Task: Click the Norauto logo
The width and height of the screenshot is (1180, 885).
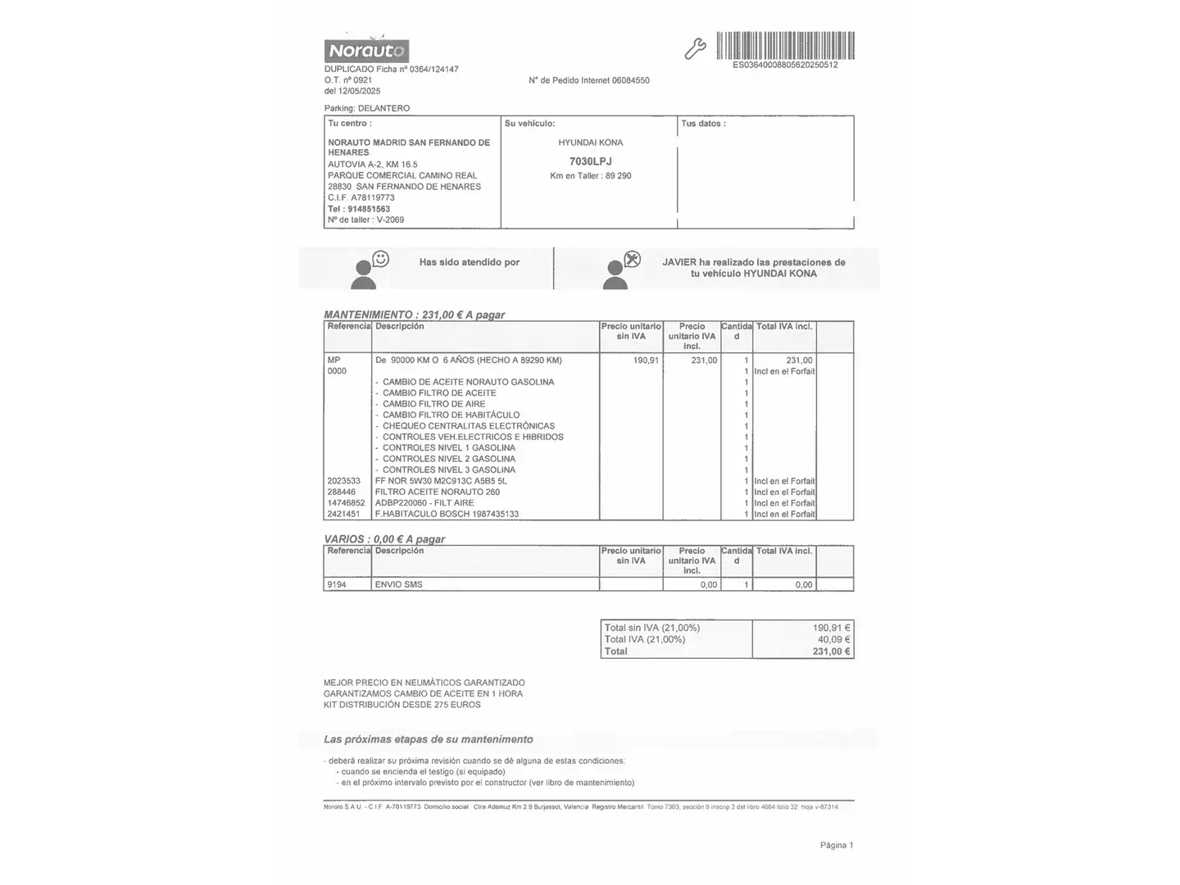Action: click(x=366, y=51)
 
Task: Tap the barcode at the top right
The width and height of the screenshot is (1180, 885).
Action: click(x=785, y=46)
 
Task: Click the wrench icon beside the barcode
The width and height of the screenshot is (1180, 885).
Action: click(x=695, y=49)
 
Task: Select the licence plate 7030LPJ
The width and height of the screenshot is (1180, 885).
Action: click(x=590, y=161)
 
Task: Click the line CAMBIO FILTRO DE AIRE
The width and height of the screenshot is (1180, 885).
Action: click(x=433, y=404)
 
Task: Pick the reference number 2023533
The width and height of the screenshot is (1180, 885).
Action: click(x=343, y=481)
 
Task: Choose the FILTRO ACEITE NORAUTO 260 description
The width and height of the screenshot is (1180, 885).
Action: click(x=437, y=492)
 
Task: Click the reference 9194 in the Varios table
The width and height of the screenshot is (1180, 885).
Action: click(x=336, y=585)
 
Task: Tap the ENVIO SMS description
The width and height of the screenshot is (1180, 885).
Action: click(x=398, y=585)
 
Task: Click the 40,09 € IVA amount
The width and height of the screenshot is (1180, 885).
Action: click(x=833, y=639)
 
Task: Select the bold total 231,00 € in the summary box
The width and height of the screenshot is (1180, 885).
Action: click(x=831, y=651)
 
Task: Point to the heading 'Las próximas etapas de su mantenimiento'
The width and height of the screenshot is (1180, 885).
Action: click(x=428, y=739)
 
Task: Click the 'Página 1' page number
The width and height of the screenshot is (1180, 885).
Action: click(x=836, y=845)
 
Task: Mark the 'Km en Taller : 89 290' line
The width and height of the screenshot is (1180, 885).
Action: click(x=590, y=176)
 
